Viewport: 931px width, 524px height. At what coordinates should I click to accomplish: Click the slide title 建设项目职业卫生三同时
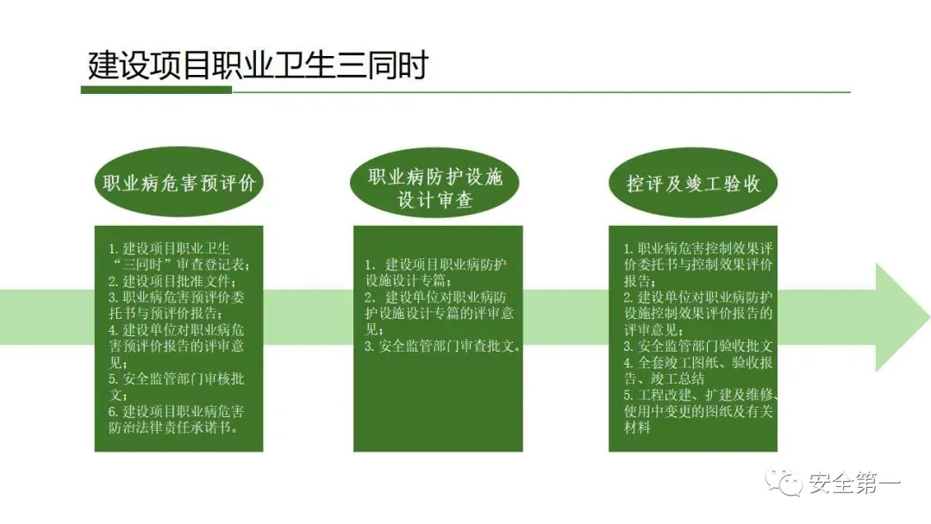click(x=258, y=65)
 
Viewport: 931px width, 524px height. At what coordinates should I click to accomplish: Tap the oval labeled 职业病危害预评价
click(x=178, y=184)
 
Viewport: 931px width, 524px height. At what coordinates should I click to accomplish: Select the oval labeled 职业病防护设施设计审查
click(x=435, y=189)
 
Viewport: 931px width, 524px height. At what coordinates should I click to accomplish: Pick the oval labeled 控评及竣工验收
click(x=693, y=184)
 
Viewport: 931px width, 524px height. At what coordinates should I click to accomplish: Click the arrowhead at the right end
click(x=901, y=316)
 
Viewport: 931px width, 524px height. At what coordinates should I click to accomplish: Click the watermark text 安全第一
click(x=854, y=484)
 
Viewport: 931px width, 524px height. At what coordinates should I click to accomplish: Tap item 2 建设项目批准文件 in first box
click(x=172, y=281)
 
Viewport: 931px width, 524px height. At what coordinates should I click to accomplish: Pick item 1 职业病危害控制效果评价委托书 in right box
click(x=700, y=256)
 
